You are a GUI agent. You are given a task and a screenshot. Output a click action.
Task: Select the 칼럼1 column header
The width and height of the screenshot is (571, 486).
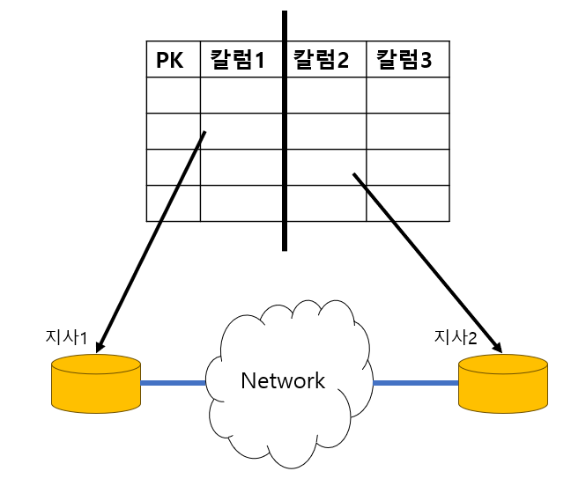click(x=238, y=60)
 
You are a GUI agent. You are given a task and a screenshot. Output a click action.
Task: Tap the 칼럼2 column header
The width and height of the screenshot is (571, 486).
click(x=322, y=60)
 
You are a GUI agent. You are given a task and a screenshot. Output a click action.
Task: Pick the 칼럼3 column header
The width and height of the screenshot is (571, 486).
click(x=404, y=60)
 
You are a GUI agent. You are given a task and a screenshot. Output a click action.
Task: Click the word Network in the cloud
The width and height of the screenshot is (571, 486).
click(x=283, y=381)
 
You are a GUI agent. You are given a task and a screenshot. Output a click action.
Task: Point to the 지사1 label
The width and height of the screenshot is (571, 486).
click(x=66, y=336)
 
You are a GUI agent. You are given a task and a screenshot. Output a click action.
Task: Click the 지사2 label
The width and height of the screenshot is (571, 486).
click(x=456, y=336)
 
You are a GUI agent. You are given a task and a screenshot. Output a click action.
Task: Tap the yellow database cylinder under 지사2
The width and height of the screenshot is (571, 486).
click(x=502, y=385)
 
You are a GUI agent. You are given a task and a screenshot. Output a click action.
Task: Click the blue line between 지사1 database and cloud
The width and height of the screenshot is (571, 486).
click(x=173, y=383)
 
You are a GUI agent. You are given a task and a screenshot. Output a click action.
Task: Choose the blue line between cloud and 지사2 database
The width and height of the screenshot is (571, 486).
click(x=415, y=383)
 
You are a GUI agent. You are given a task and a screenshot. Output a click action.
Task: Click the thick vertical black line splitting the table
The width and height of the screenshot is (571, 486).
click(x=285, y=132)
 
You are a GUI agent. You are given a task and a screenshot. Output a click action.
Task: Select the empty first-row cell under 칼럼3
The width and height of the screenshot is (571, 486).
click(x=406, y=95)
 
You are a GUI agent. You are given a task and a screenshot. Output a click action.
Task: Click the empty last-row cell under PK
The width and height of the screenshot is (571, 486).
click(x=173, y=202)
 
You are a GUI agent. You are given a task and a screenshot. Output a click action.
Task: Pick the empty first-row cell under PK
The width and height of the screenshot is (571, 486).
click(x=173, y=95)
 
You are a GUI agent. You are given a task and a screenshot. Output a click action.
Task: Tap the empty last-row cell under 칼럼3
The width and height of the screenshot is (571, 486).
click(x=406, y=202)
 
